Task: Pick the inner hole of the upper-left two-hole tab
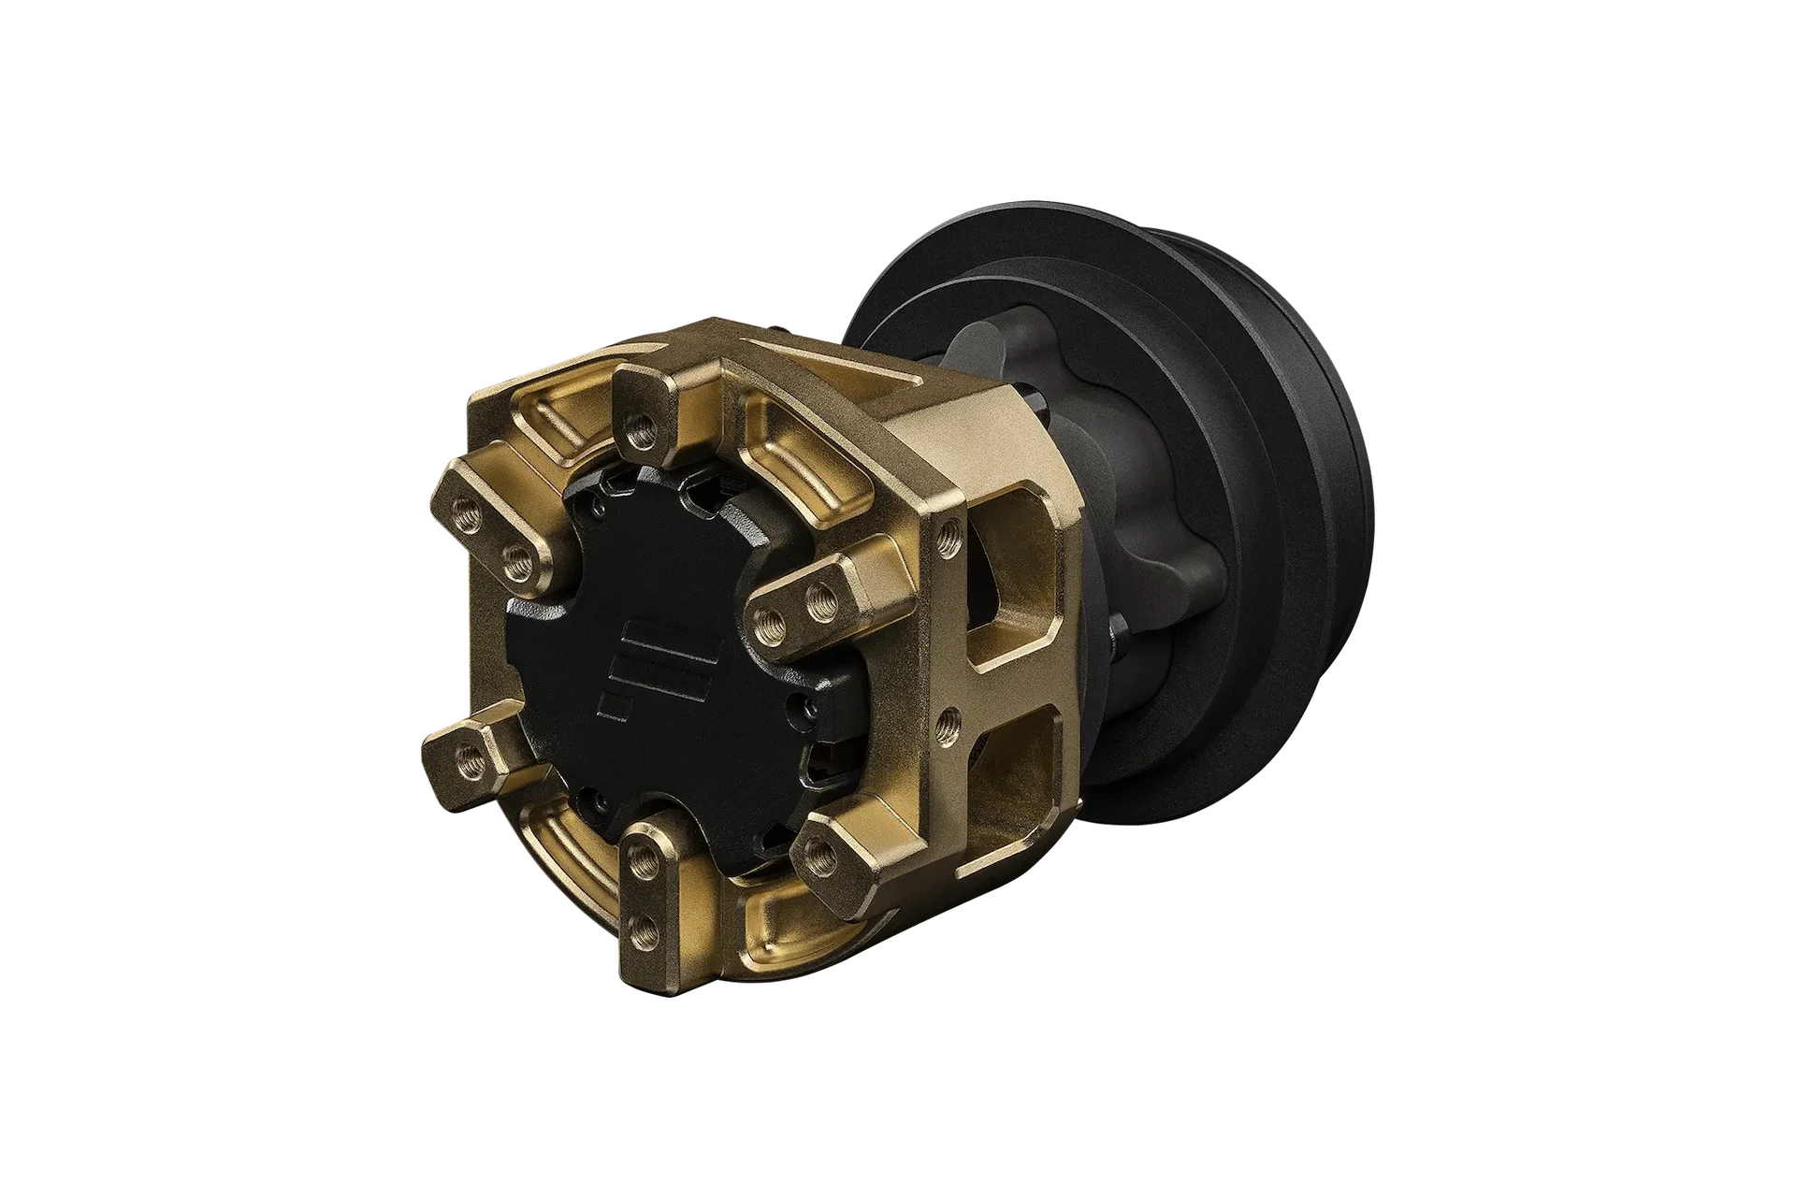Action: coord(514,562)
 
